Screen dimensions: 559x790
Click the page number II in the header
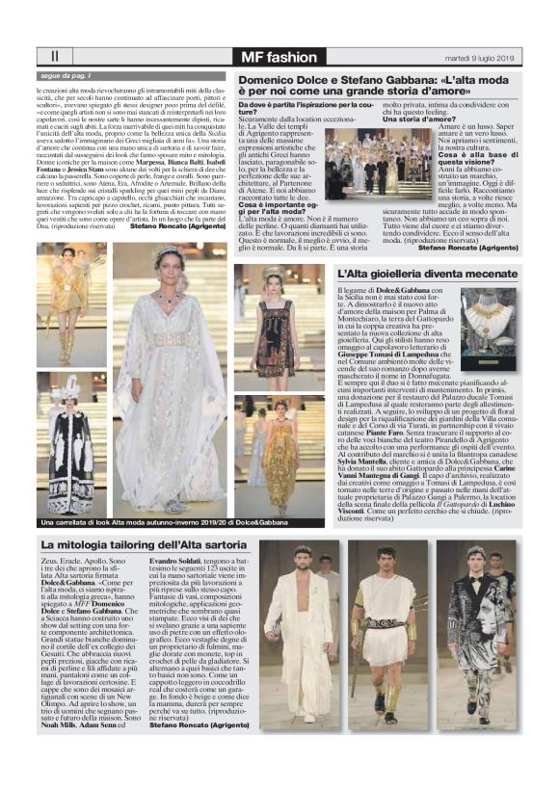click(x=54, y=58)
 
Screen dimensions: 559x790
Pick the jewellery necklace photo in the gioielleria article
click(x=490, y=328)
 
